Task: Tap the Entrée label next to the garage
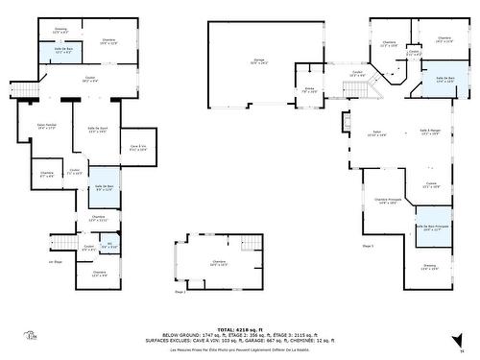[310, 89]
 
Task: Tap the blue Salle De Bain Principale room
[433, 229]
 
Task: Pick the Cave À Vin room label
[137, 148]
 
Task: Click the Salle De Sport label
[97, 131]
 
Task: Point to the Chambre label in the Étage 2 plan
[220, 262]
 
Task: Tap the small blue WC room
[109, 247]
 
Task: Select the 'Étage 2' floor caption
[180, 292]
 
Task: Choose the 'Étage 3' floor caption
[367, 247]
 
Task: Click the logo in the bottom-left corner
[29, 337]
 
